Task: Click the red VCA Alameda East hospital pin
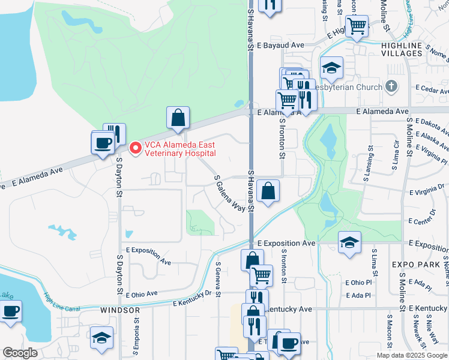coord(136,147)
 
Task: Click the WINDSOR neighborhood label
coord(119,310)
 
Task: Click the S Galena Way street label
coord(230,194)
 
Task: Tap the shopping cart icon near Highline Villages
coord(357,26)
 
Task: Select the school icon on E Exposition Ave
coord(349,242)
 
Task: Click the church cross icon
coord(392,87)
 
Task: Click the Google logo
coord(20,353)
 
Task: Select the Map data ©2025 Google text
coord(411,355)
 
